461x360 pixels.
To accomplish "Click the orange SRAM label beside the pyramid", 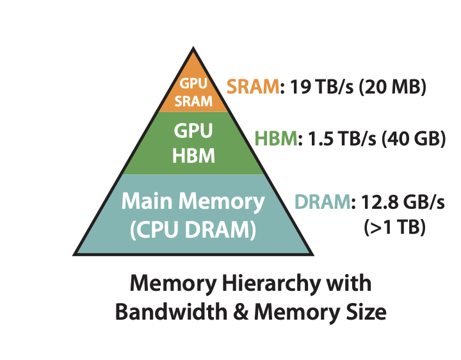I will coord(253,86).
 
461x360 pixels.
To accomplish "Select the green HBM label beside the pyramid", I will coord(276,139).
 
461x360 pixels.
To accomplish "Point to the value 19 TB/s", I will coord(315,86).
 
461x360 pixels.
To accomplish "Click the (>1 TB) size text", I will coord(394,227).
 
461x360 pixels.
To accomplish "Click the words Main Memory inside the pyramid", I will coord(193,202).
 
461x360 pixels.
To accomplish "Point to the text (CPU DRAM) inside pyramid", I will coord(193,229).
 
